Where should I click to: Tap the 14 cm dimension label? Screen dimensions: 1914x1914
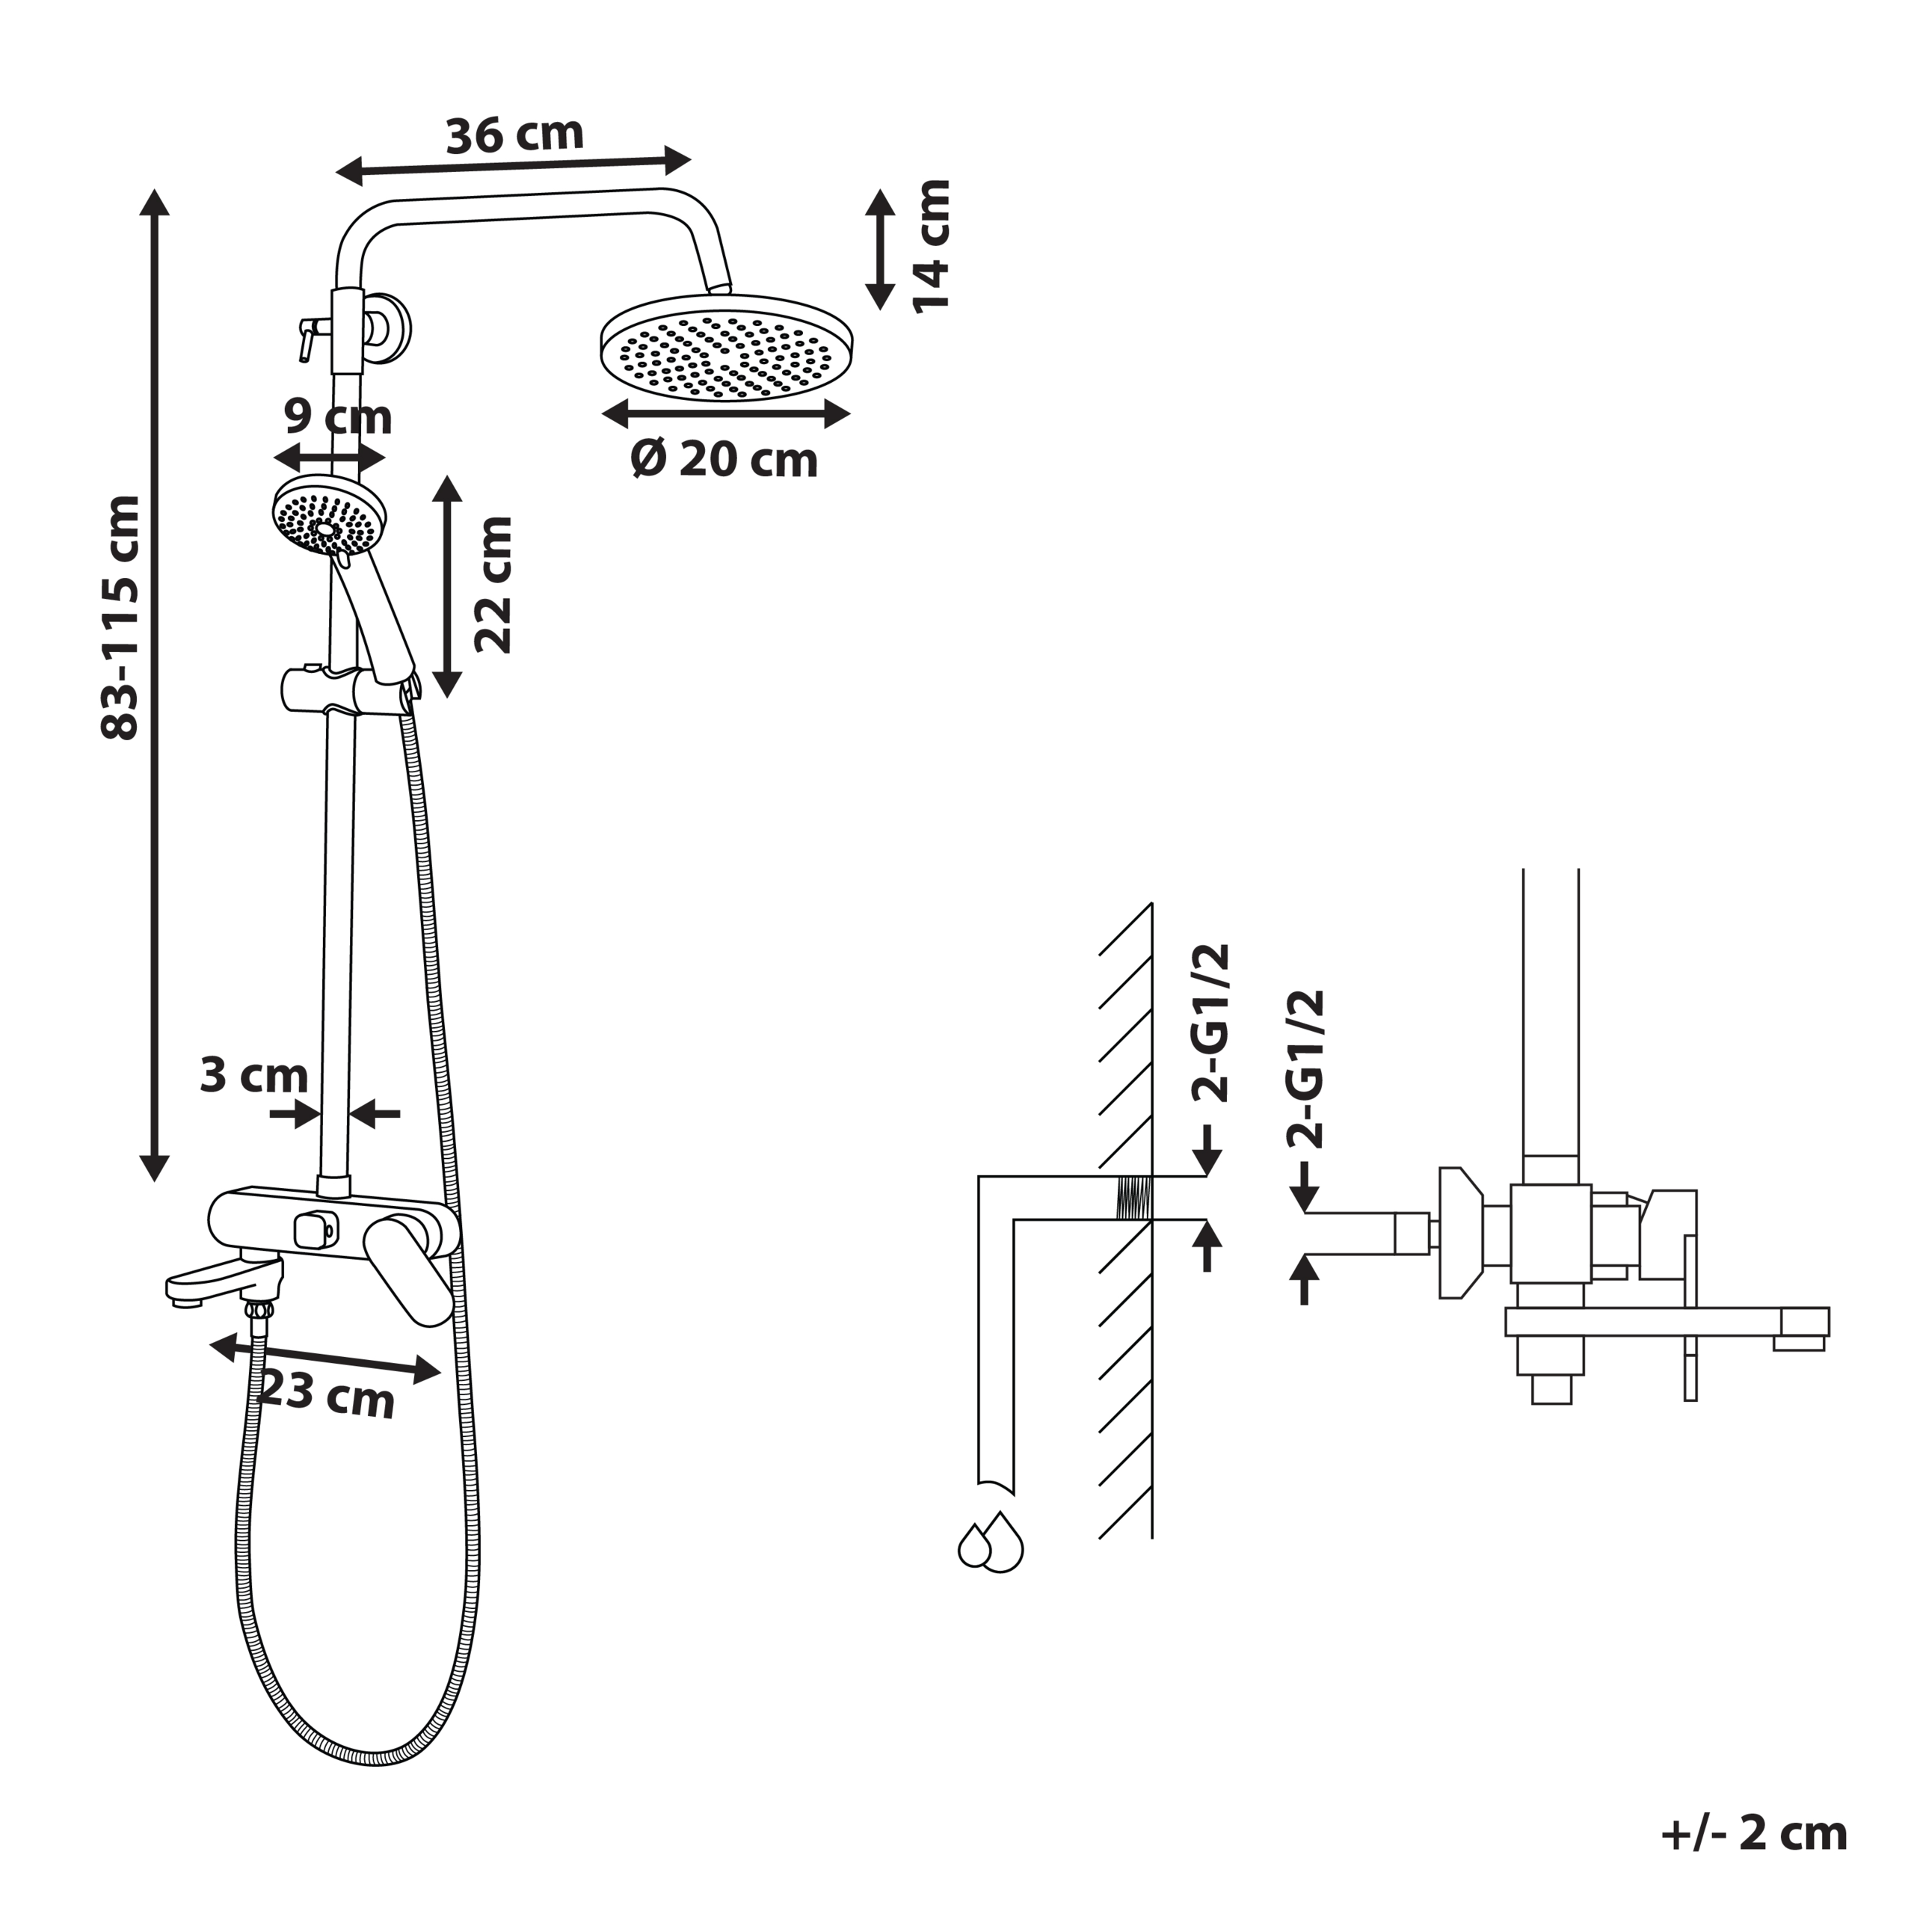[x=932, y=247]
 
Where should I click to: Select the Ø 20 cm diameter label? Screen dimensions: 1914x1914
[x=724, y=460]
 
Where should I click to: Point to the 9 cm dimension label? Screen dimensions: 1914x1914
[x=338, y=416]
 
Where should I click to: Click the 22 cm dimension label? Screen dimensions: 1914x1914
[x=493, y=585]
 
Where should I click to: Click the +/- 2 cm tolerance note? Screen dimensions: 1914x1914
[x=1753, y=1834]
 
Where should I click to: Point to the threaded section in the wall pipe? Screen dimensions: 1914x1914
[x=1133, y=1198]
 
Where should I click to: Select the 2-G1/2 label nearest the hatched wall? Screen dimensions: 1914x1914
[x=1210, y=1024]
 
